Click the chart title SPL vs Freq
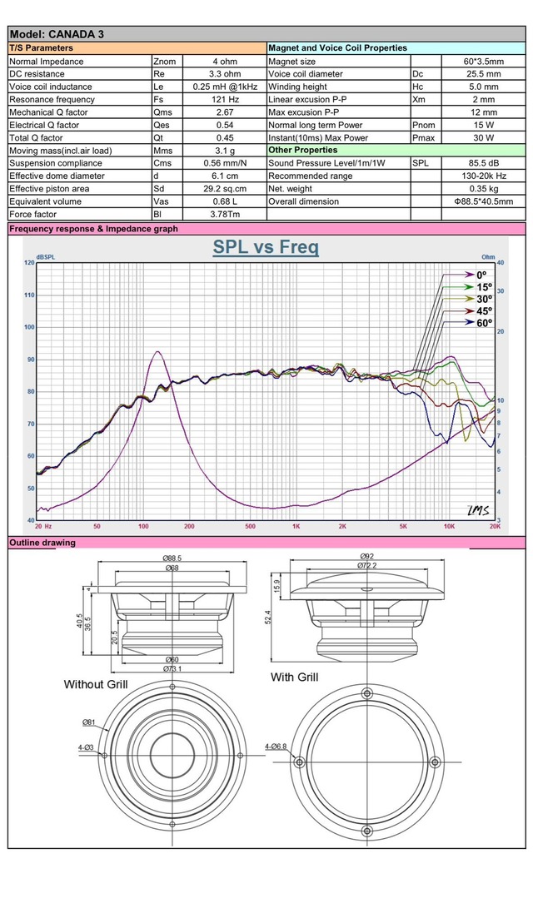266,247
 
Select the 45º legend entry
483,310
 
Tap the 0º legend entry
481,274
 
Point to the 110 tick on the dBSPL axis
30,295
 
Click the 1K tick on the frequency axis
296,526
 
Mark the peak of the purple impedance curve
156,351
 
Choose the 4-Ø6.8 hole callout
276,747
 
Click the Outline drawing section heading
42,543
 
